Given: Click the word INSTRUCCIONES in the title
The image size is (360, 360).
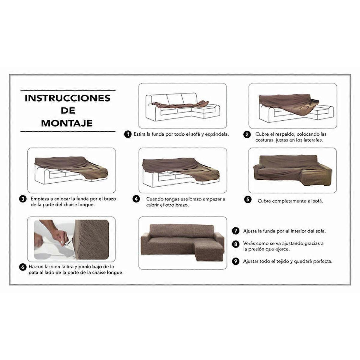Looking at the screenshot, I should point(67,98).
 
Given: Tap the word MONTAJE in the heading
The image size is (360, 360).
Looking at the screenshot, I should point(67,123).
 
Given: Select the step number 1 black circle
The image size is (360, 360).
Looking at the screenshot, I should point(128,134).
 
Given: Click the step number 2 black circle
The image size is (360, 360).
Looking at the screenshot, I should point(247,134).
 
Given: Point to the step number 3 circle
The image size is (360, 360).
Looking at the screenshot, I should point(23,199).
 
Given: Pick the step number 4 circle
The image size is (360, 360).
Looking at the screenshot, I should point(136,199).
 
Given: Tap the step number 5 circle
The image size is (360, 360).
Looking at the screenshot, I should point(247,199).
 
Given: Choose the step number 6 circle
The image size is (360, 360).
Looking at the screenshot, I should point(23,267).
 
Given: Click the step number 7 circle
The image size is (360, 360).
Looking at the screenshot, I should point(236,231).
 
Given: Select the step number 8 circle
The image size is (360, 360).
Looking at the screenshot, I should point(236,244).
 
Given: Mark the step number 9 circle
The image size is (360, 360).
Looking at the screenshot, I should point(236,261).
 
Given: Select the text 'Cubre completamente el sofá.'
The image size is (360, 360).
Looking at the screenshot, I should point(290,201).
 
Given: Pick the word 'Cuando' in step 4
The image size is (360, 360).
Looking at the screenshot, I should point(155,199).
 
